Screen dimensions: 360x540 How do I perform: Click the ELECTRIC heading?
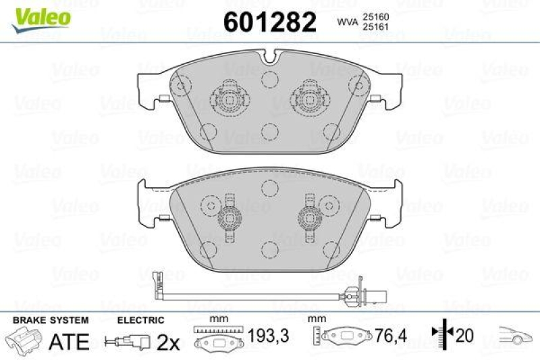[x=141, y=319]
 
